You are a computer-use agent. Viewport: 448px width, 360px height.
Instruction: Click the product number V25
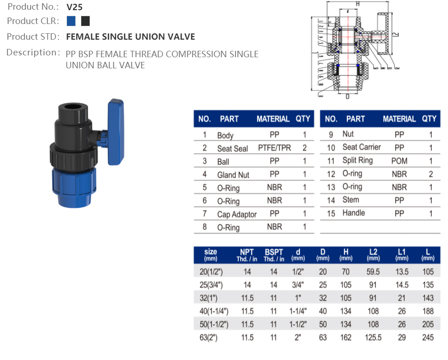pyautogui.click(x=74, y=7)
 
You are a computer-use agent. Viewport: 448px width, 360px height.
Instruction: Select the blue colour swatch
pyautogui.click(x=71, y=21)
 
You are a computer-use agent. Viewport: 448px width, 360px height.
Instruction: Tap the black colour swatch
pyautogui.click(x=85, y=21)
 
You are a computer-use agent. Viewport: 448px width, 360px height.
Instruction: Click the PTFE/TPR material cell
pyautogui.click(x=274, y=148)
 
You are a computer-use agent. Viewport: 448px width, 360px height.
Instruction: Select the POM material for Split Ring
pyautogui.click(x=400, y=161)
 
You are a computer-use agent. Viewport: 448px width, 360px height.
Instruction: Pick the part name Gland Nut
pyautogui.click(x=233, y=175)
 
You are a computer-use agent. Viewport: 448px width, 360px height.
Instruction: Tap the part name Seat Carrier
pyautogui.click(x=362, y=147)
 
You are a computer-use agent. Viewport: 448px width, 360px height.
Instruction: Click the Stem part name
pyautogui.click(x=351, y=200)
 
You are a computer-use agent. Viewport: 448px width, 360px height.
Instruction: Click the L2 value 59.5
pyautogui.click(x=373, y=272)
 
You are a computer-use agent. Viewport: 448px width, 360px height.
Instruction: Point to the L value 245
pyautogui.click(x=428, y=337)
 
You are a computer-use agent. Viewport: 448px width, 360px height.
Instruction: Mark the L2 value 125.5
pyautogui.click(x=373, y=337)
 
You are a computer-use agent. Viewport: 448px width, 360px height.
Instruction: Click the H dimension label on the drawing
pyautogui.click(x=357, y=4)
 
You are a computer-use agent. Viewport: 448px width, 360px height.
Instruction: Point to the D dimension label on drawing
pyautogui.click(x=347, y=96)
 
